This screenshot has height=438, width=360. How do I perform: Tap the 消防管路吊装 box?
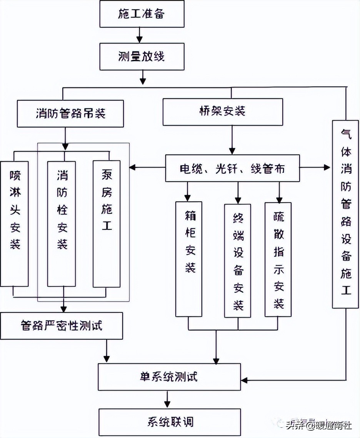coord(70,114)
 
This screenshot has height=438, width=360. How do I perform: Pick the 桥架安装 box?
coord(223,112)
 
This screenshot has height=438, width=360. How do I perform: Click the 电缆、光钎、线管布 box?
coord(232,168)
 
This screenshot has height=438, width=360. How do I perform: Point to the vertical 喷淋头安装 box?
coord(15,224)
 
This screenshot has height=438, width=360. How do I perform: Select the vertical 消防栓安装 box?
coord(62,224)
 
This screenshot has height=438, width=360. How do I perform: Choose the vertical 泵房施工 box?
coord(107,224)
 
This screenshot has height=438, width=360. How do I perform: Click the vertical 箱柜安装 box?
coord(188,259)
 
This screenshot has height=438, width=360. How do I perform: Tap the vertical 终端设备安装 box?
coord(238,260)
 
